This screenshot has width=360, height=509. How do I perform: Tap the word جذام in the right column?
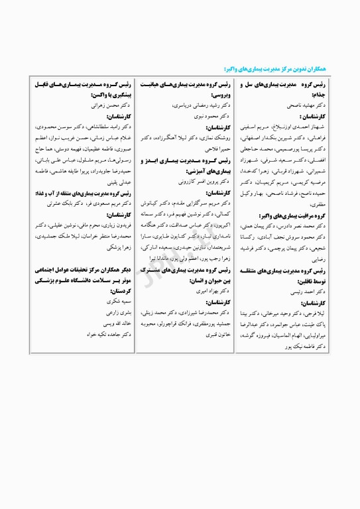(335, 95)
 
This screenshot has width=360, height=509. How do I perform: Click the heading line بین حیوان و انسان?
(203, 281)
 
